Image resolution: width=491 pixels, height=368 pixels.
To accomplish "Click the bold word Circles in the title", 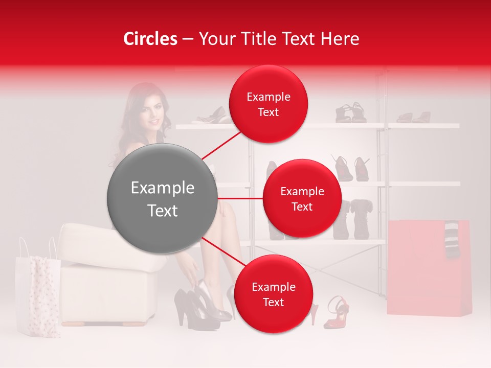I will coord(150,39).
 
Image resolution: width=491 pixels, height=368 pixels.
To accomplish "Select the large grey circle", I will coord(162,198).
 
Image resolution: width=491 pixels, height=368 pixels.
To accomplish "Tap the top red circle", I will coord(268,104).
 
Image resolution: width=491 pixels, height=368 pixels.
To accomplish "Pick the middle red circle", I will coord(302,198).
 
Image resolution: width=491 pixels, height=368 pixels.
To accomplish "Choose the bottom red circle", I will coord(273,294).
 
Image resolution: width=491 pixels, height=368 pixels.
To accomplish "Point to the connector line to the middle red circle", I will coord(240,198).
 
